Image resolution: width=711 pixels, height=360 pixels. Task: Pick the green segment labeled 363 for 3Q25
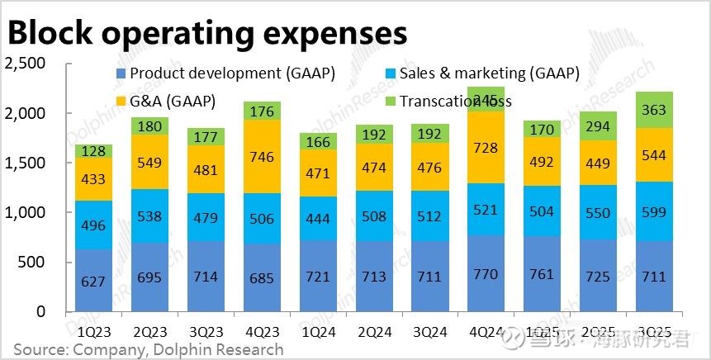click(x=655, y=110)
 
